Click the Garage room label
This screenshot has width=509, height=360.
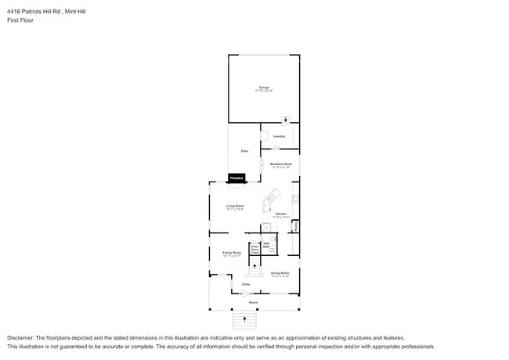point(263,88)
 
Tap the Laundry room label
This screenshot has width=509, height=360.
point(279,136)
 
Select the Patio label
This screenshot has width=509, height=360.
point(244,151)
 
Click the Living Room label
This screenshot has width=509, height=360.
point(224,207)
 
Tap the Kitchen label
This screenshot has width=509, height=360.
point(280,214)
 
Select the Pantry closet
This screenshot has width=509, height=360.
point(295,226)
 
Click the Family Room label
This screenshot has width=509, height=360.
point(231,254)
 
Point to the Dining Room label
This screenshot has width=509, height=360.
point(280,274)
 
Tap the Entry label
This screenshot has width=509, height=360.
point(246,284)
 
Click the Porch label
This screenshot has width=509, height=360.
point(253,302)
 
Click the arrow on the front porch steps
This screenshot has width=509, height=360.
point(246,319)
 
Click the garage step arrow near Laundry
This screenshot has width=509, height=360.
point(286,121)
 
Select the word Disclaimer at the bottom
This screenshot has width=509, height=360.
point(22,337)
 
